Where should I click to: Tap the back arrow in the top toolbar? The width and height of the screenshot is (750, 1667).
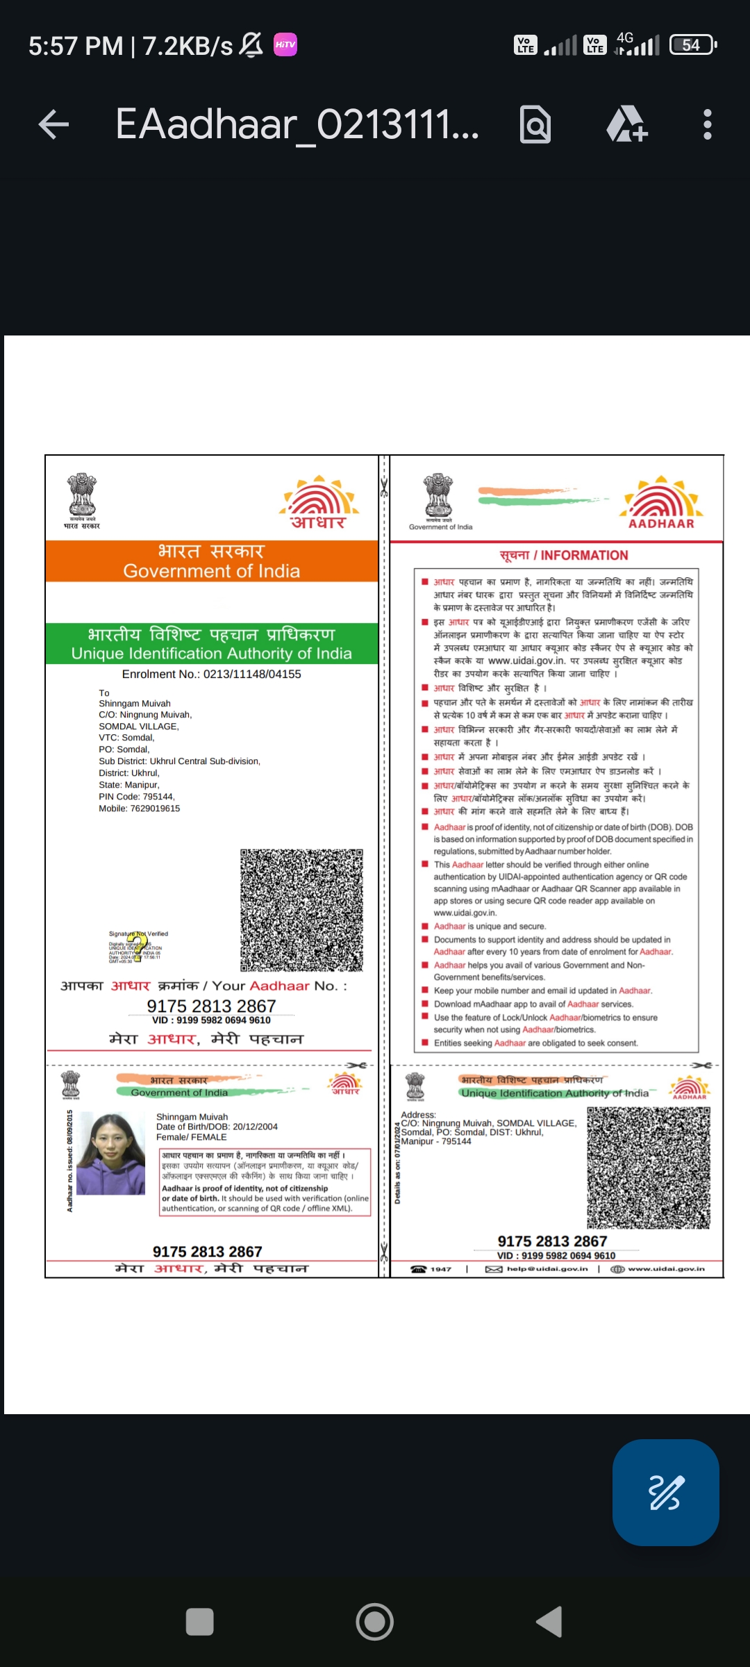(53, 125)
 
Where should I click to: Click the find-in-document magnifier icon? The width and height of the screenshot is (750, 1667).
(535, 125)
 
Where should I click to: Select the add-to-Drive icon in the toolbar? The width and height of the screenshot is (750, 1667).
(626, 125)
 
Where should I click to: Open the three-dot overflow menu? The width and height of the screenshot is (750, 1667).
(707, 125)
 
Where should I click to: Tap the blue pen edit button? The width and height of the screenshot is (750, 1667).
(665, 1493)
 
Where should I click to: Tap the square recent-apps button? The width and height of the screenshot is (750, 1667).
(200, 1622)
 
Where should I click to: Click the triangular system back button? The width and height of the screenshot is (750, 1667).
(550, 1622)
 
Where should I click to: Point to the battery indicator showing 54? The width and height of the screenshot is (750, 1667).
(692, 45)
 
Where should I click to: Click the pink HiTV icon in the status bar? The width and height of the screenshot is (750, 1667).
(285, 44)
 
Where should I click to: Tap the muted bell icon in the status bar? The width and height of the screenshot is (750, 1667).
(251, 45)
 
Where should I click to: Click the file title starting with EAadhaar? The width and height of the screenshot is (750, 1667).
(297, 125)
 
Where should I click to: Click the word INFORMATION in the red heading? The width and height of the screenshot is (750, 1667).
(584, 555)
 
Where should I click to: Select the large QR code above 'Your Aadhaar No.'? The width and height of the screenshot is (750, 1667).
(301, 910)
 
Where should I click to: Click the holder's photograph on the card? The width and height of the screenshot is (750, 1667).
(110, 1154)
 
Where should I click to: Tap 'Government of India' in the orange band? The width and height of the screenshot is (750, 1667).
(212, 571)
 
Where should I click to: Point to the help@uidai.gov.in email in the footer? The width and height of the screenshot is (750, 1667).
(547, 1269)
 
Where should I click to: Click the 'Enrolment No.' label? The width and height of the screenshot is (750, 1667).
(160, 674)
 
